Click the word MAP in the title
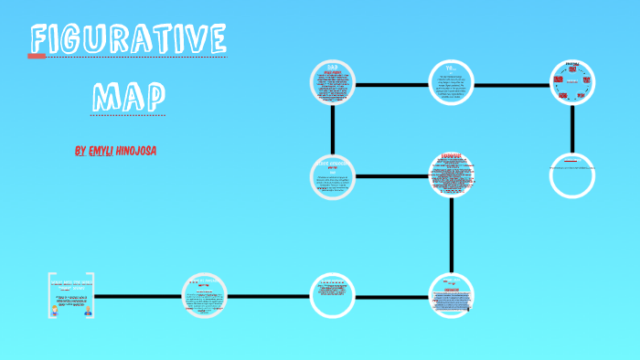(129, 95)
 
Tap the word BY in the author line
(80, 151)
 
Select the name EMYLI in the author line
(108, 151)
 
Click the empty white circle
(572, 175)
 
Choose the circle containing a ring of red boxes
(572, 84)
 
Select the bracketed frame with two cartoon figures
(71, 295)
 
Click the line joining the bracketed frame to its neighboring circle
(138, 296)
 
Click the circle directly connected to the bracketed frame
(207, 296)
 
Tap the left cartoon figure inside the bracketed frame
(57, 310)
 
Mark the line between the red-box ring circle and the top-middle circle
(513, 85)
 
